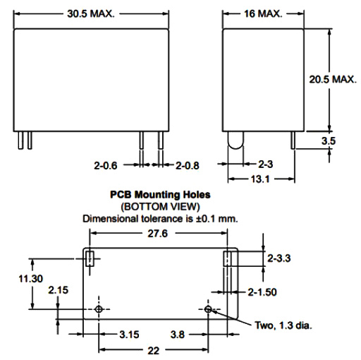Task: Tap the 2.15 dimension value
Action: point(57,290)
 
